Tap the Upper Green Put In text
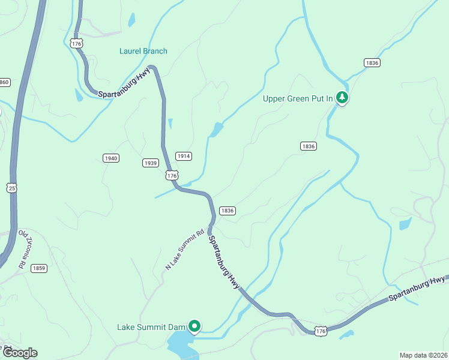298,98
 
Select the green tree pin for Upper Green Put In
342,97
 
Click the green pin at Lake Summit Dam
194,326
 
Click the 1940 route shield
111,158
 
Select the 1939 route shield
151,163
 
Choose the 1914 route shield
184,156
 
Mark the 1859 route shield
40,268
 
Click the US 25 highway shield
11,188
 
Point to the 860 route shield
4,82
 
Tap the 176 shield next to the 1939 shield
172,175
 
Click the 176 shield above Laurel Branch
76,43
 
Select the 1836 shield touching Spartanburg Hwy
227,211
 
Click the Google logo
19,353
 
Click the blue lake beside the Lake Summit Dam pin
180,345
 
